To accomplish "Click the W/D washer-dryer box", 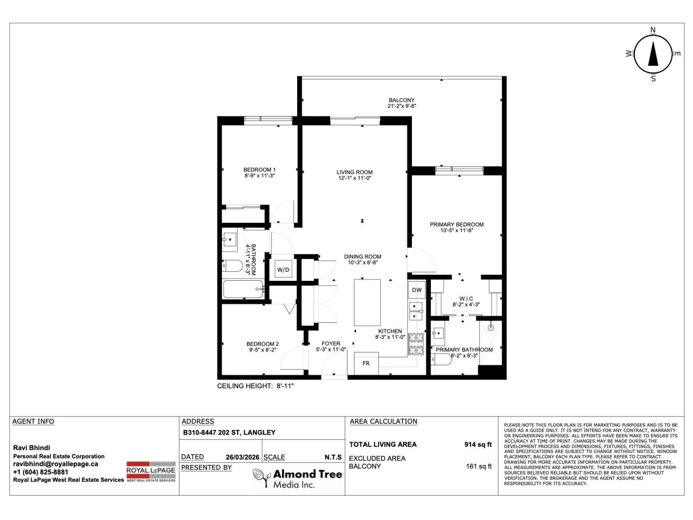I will [283, 270].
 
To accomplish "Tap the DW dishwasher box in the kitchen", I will [417, 290].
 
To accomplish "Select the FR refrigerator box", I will [366, 363].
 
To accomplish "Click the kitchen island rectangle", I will [367, 302].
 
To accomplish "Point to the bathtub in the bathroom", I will [243, 289].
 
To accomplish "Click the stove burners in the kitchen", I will [416, 344].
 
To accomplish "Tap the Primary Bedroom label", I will [457, 224].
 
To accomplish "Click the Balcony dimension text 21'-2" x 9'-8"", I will [402, 106].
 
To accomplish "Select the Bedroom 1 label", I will [259, 170].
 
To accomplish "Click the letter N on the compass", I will [653, 30].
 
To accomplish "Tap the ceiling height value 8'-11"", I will [285, 386].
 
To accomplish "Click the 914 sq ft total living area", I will [478, 444].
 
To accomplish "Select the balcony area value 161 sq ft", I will [479, 466].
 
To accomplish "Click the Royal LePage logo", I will [151, 471].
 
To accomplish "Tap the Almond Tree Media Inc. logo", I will [298, 478].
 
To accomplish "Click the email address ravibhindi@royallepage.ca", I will [55, 464].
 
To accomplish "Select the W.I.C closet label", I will [466, 299].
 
